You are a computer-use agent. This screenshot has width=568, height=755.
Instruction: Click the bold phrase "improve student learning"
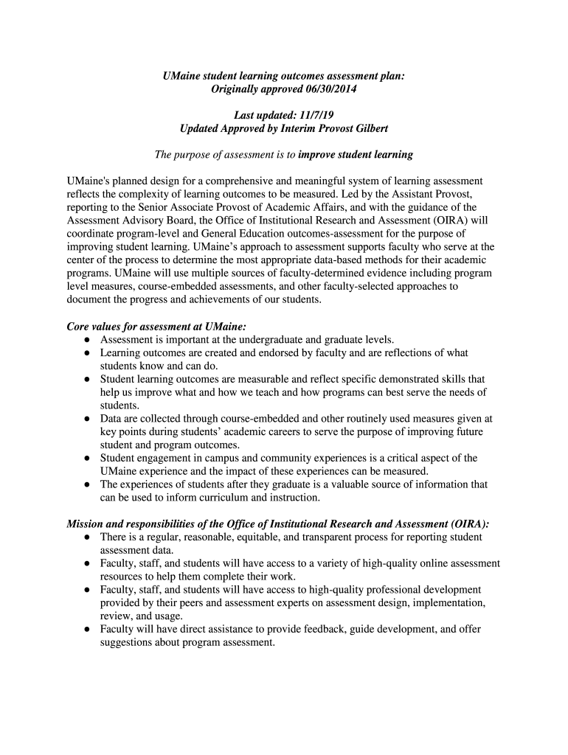pos(356,155)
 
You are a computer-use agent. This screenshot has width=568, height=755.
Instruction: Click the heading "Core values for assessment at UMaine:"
pos(156,327)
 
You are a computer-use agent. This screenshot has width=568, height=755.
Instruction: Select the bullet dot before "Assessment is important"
pos(87,341)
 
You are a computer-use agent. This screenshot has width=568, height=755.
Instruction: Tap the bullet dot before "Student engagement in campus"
pos(87,459)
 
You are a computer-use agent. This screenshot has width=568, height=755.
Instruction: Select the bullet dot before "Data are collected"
pos(87,419)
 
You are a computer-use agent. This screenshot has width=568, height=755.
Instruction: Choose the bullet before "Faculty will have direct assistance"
pos(87,630)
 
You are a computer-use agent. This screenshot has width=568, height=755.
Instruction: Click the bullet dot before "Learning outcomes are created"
pos(87,354)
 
